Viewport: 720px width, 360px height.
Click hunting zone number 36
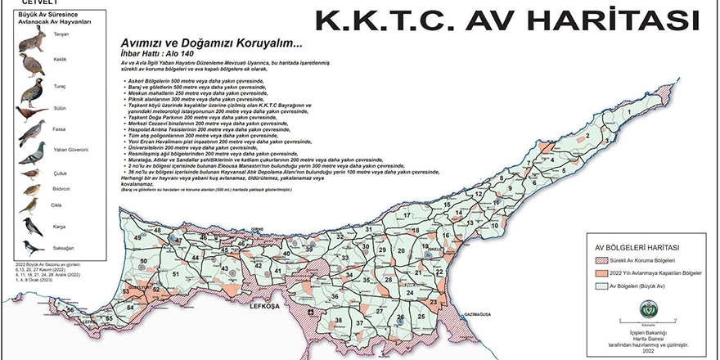coord(334,295)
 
